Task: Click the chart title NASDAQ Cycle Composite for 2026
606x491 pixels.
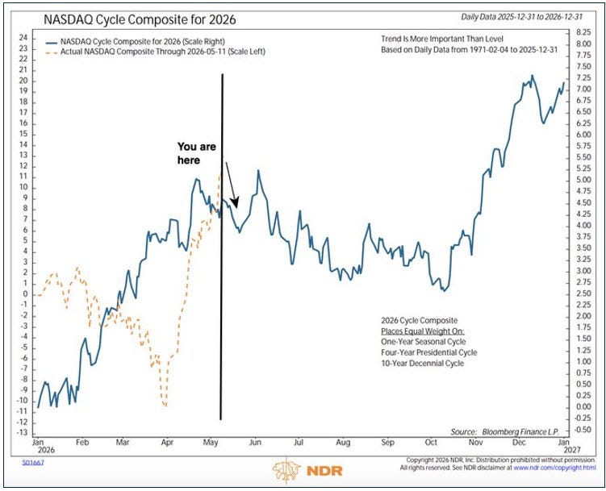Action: click(140, 19)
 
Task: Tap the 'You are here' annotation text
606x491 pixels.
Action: click(197, 153)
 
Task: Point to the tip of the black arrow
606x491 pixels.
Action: click(236, 208)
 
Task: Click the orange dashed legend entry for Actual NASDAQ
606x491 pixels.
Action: click(155, 52)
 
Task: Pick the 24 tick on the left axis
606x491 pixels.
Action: click(23, 38)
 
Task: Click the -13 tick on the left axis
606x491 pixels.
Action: click(22, 433)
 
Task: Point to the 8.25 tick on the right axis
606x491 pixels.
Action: click(583, 32)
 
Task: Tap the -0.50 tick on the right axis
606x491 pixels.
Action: click(583, 430)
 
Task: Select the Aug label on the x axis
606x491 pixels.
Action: click(343, 443)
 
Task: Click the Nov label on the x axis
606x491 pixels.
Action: click(475, 443)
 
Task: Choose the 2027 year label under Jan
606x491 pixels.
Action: click(572, 450)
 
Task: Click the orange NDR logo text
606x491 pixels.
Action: click(324, 471)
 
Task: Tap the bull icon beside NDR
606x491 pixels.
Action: click(286, 470)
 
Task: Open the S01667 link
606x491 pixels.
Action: click(33, 463)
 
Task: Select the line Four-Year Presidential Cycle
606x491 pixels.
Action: click(429, 352)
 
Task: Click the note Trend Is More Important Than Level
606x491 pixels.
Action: click(442, 39)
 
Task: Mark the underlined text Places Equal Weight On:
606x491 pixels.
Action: click(423, 331)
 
